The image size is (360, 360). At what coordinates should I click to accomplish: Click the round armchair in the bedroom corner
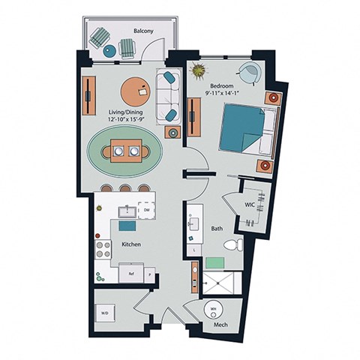[249, 73]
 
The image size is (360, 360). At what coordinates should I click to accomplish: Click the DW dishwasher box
[147, 211]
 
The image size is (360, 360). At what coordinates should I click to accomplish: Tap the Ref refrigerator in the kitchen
[131, 274]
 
